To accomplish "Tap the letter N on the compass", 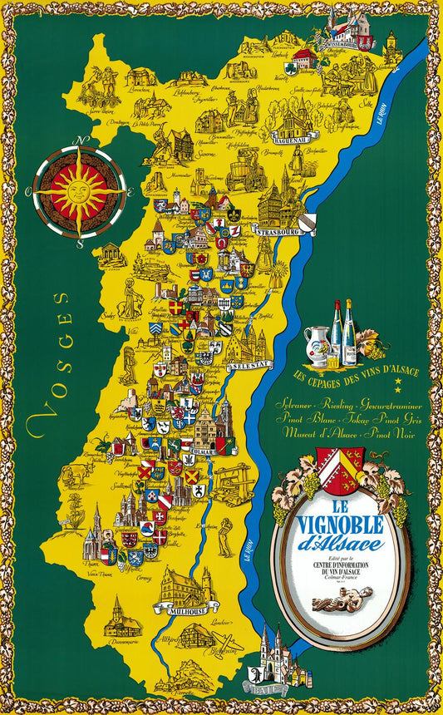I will coord(81,141).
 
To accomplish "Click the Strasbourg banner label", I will coord(278,233).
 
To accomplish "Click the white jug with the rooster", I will coord(317,343).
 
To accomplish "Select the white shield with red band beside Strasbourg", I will coord(308,223).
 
